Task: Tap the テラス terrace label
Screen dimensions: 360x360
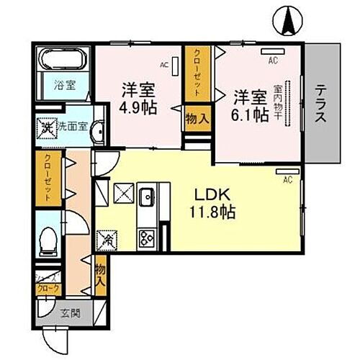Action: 321,102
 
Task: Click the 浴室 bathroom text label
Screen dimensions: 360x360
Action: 62,85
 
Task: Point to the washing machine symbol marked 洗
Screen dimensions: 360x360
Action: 46,129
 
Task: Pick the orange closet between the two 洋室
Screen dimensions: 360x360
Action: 194,74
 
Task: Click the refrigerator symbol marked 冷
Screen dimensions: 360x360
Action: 105,237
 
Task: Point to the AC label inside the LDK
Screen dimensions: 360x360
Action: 286,179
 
